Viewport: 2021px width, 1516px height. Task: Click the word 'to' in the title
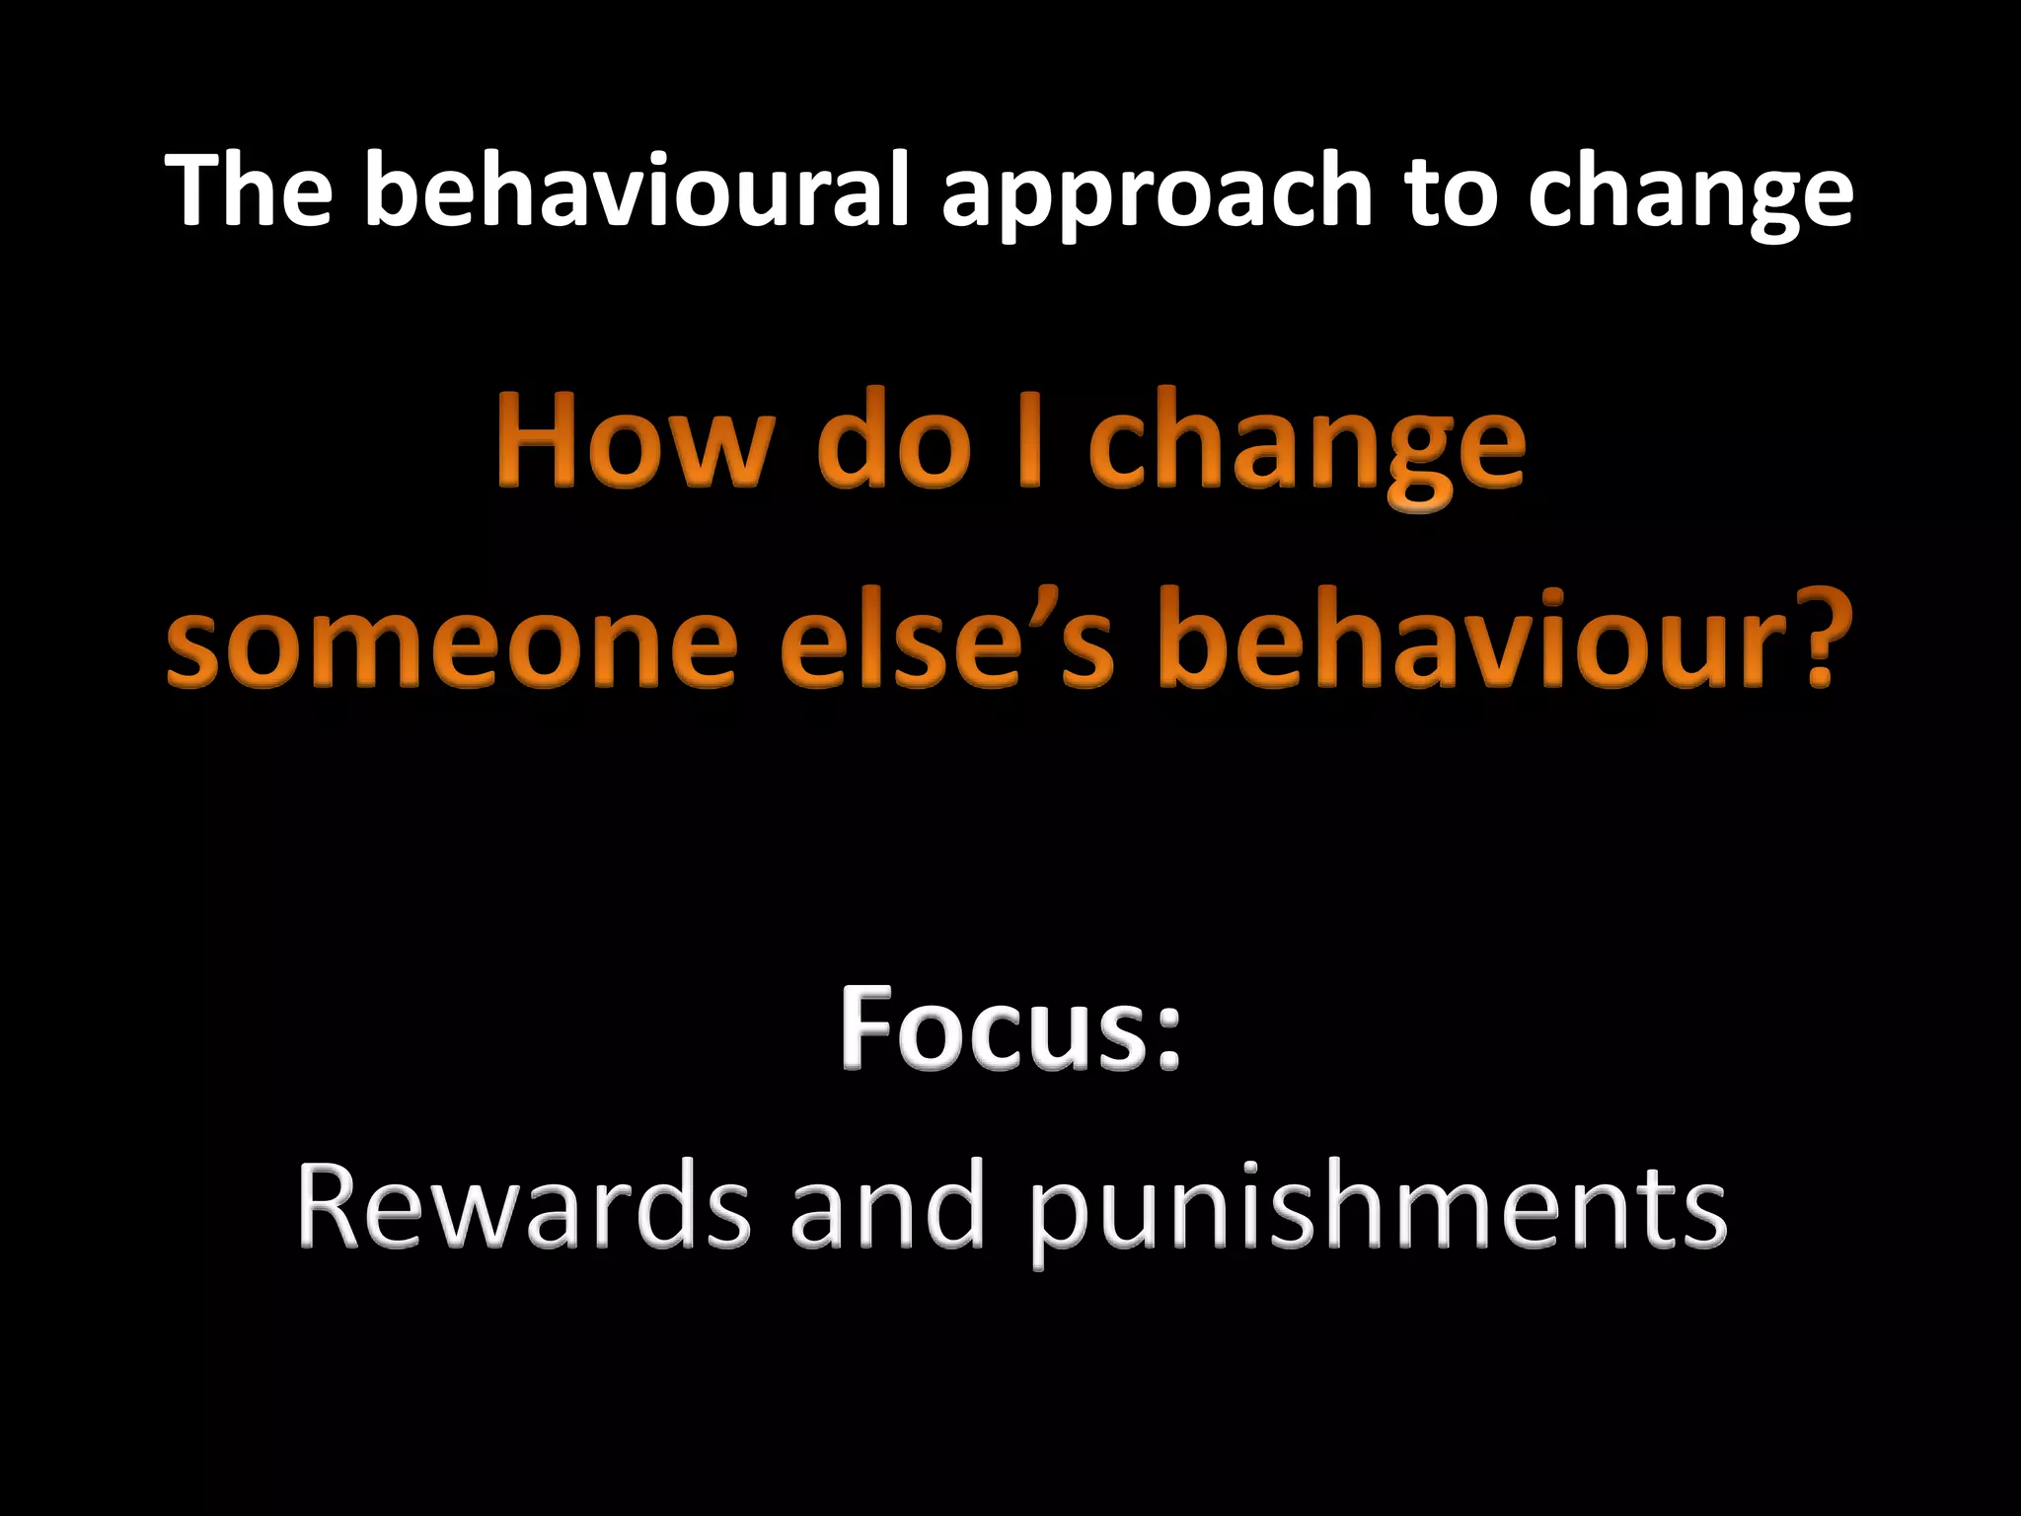[x=1449, y=191]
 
